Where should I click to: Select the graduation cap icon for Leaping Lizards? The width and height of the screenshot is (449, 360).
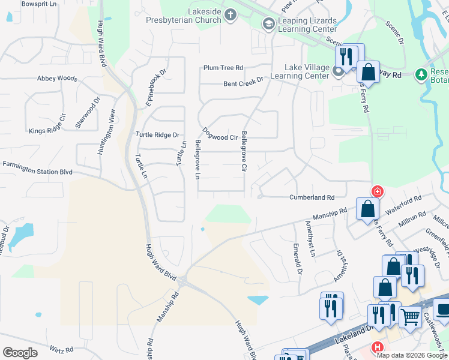(x=268, y=23)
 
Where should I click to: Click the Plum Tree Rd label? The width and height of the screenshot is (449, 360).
(x=223, y=68)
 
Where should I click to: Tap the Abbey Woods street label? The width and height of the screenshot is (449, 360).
(x=57, y=79)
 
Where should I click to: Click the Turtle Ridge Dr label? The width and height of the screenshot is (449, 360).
(x=157, y=135)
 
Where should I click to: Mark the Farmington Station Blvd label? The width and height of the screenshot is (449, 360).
(x=37, y=167)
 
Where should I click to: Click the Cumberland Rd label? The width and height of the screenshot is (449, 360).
(x=312, y=197)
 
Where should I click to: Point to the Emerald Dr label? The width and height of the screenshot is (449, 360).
(x=297, y=260)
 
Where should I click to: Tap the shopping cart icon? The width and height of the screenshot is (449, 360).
(x=410, y=317)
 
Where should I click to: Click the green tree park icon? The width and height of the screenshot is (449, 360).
(x=421, y=74)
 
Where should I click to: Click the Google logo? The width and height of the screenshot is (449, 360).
(x=20, y=353)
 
